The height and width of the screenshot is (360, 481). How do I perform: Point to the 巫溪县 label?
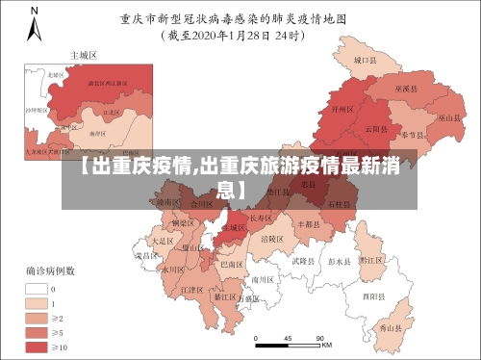pyautogui.click(x=408, y=88)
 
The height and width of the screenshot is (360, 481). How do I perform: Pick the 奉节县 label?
pyautogui.click(x=414, y=135)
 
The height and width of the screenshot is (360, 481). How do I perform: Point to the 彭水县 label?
pyautogui.click(x=340, y=260)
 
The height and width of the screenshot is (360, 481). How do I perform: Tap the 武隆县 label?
pyautogui.click(x=302, y=261)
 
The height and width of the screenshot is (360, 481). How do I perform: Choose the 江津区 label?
pyautogui.click(x=192, y=289)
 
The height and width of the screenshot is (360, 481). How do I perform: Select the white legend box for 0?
pyautogui.click(x=38, y=288)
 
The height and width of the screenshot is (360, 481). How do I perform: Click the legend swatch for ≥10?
pyautogui.click(x=38, y=346)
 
